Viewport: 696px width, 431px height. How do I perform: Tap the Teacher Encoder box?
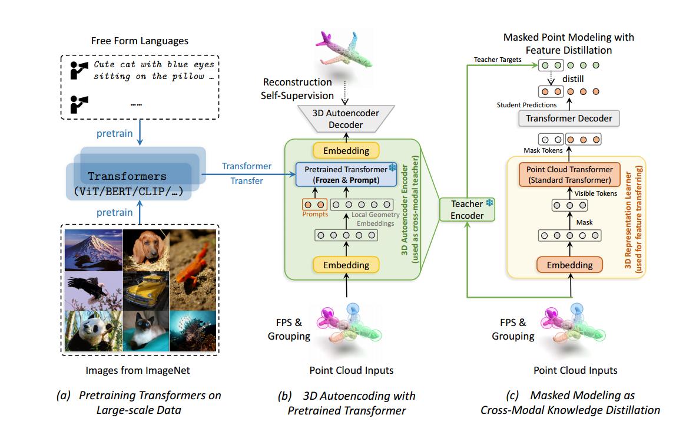click(x=467, y=209)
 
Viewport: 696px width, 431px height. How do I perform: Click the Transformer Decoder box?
click(x=569, y=119)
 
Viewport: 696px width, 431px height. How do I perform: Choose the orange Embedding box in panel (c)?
click(x=569, y=265)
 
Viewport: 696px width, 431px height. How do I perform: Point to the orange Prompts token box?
click(x=313, y=205)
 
